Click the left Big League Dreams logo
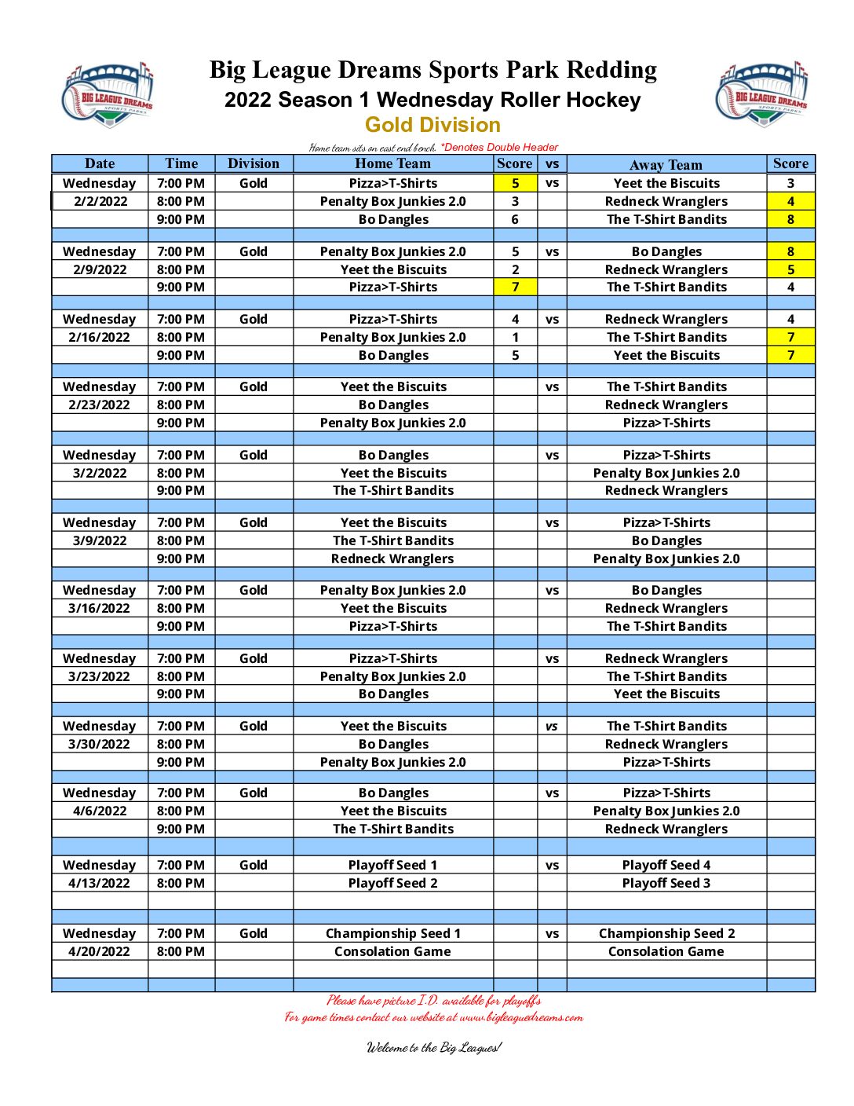click(x=108, y=95)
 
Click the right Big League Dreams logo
click(x=762, y=93)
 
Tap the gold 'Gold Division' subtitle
click(x=432, y=125)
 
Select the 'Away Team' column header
click(x=666, y=165)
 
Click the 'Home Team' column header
click(x=392, y=163)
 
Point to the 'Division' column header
click(x=253, y=163)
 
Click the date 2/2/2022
click(x=100, y=201)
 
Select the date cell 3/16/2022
click(x=99, y=608)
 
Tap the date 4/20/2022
click(x=99, y=951)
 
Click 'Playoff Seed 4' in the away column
click(x=666, y=865)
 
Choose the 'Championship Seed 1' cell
click(x=392, y=933)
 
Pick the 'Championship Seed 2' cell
click(x=666, y=933)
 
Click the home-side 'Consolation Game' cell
click(x=392, y=951)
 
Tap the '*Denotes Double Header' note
click(x=499, y=147)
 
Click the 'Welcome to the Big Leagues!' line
click(x=433, y=1047)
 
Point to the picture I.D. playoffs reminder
click(x=433, y=1000)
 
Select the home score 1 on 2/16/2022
click(x=515, y=337)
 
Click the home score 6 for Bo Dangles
click(x=515, y=219)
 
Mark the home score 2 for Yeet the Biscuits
click(x=515, y=269)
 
